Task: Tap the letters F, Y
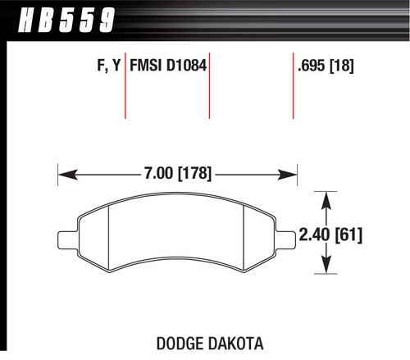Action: click(x=106, y=65)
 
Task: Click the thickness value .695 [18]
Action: click(x=326, y=65)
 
